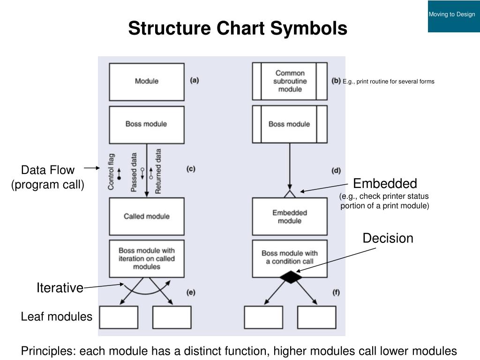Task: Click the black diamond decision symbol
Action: coord(291,277)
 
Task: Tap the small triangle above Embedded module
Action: coord(290,194)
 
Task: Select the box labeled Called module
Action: coord(147,217)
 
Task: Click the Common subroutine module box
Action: coord(290,81)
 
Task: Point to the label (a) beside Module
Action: coord(195,81)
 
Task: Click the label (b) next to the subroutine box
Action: coord(336,81)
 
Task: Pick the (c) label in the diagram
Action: coord(191,169)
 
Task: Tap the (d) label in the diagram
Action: coord(336,171)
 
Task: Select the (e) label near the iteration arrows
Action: coord(191,292)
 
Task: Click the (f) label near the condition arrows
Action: coord(336,292)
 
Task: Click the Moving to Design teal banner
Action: coord(454,16)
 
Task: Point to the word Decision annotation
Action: coord(388,238)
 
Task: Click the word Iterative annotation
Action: coord(60,288)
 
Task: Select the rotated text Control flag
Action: coord(111,172)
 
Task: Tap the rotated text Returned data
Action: coord(158,172)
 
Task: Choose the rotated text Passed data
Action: coord(134,172)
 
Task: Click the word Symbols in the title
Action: coord(308,28)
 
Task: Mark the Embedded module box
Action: coord(290,217)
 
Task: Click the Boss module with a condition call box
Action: coord(290,259)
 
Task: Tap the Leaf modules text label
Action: coord(57,316)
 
